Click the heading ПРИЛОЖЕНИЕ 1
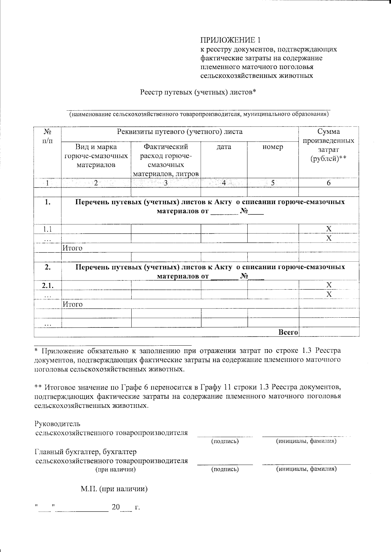[230, 40]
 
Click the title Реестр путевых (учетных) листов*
[198, 92]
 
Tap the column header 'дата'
[224, 147]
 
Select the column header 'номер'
[273, 147]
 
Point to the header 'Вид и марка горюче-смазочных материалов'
[96, 156]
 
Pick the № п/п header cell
[48, 136]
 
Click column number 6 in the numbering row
[329, 183]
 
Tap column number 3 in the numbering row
[166, 183]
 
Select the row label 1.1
[48, 229]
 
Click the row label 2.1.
[48, 285]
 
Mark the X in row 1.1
[329, 228]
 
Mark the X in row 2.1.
[329, 285]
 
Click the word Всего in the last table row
[288, 332]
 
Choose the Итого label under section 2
[72, 304]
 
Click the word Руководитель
[57, 424]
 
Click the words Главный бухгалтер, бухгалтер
[86, 452]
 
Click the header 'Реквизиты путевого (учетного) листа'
[180, 132]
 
